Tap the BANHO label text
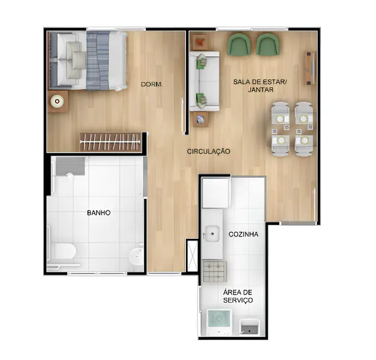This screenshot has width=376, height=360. point(99,213)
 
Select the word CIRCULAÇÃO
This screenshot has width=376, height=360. point(209,151)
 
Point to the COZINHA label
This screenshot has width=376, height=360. point(243,234)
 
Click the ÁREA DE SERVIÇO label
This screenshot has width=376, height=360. point(238,296)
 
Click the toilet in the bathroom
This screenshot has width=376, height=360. point(64,252)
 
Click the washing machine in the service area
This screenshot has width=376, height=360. point(218,321)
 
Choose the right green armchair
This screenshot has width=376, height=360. point(267,44)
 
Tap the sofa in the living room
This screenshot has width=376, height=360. point(205,80)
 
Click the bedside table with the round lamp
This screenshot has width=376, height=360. point(57,101)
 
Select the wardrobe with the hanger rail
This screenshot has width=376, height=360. point(110,142)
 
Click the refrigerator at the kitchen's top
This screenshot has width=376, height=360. point(215,192)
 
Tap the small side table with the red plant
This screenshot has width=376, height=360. point(200,42)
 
